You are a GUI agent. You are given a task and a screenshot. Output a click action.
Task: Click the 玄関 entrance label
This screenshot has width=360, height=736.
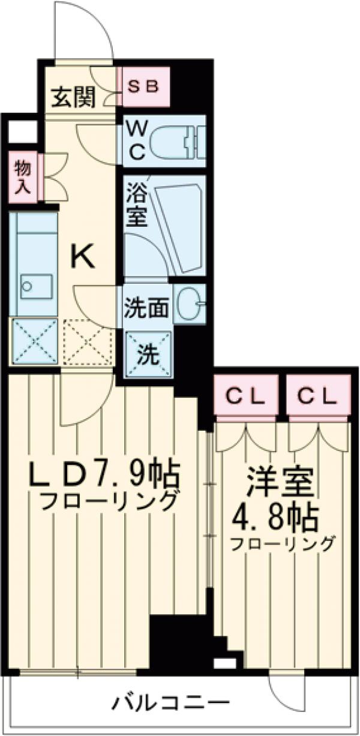73,98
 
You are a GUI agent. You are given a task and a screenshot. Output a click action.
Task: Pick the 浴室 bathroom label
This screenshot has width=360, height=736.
137,207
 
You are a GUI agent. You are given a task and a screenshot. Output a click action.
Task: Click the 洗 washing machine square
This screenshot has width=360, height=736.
147,355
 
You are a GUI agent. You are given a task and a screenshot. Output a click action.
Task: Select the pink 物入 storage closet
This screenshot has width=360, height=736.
23,177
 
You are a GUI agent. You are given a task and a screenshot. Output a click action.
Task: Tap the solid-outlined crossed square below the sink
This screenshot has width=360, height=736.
34,341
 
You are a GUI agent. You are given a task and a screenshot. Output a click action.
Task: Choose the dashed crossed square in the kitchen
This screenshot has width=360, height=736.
88,341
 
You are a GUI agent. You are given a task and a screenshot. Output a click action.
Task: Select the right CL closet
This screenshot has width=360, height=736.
317,395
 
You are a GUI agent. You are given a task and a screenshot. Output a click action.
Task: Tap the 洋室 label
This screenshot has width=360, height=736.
277,481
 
